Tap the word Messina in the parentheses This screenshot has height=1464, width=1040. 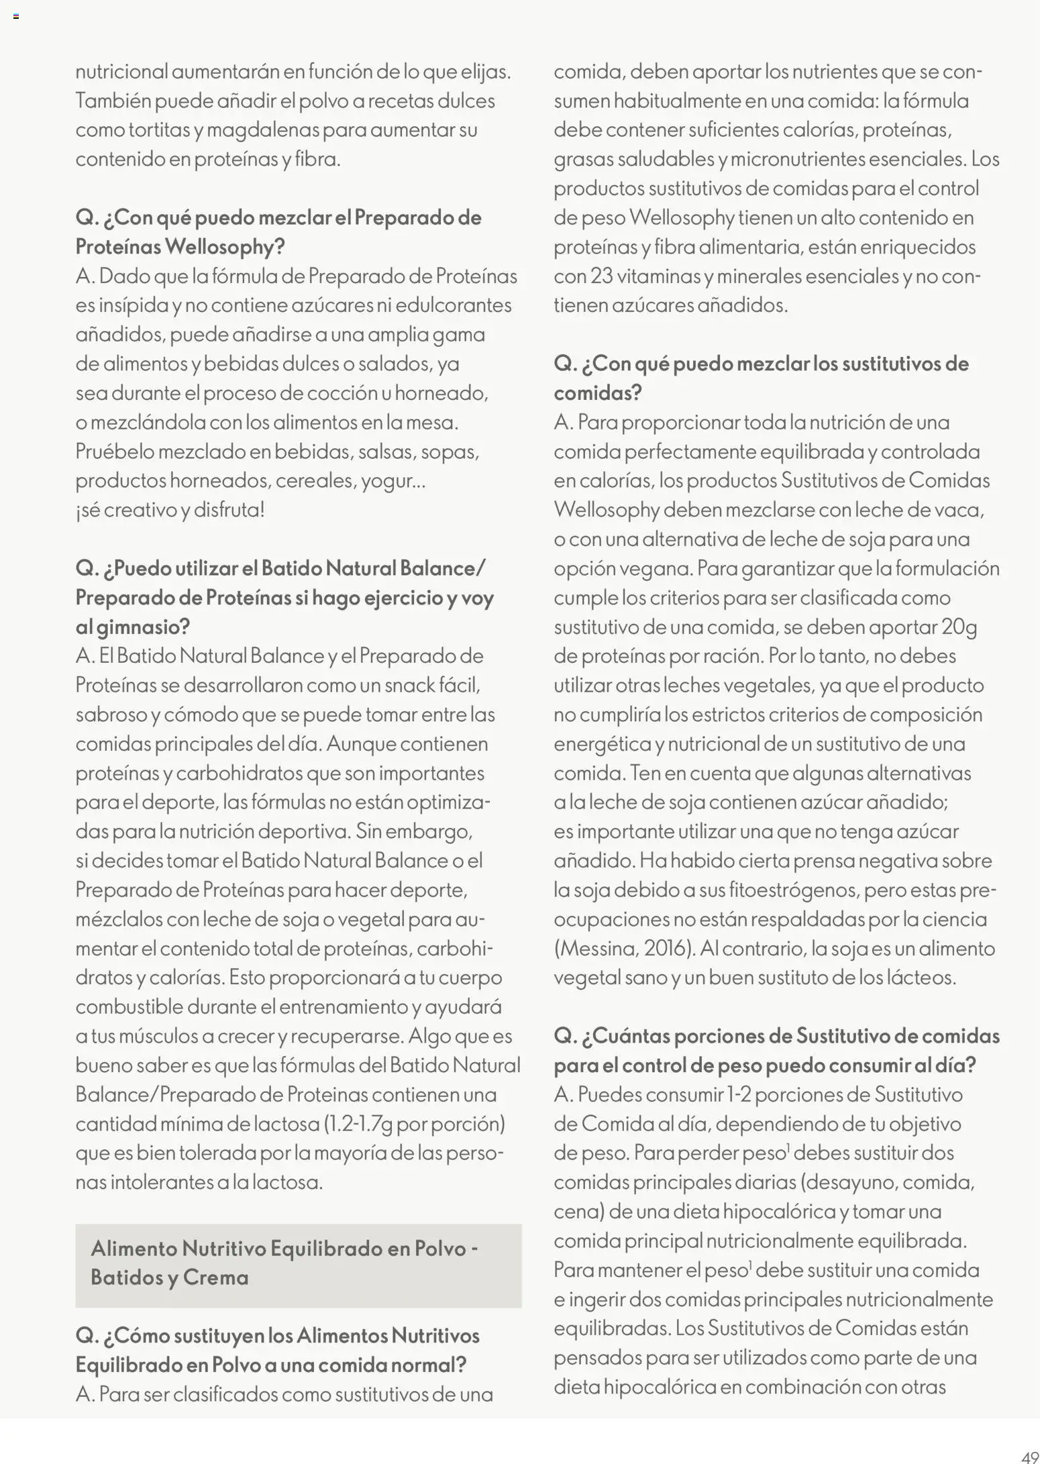595,948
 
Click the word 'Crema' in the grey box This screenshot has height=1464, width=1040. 215,1277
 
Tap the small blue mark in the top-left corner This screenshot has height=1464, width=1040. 15,16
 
